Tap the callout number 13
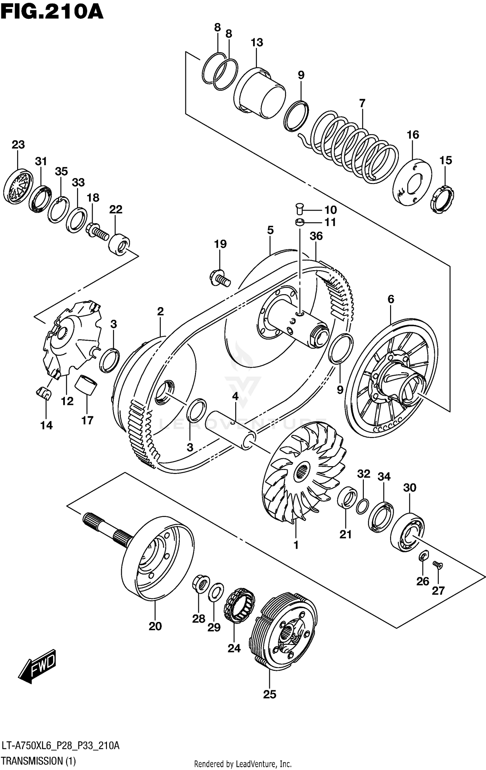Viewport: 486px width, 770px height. click(x=257, y=42)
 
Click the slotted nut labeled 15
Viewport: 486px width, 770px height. click(x=442, y=199)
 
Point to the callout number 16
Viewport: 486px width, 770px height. click(x=413, y=135)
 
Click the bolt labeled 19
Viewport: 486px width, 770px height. click(x=220, y=278)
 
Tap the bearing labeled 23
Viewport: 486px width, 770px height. click(x=18, y=186)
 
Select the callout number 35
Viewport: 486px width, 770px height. click(x=61, y=171)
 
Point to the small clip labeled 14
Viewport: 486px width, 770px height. click(x=43, y=394)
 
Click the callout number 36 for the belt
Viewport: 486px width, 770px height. click(x=316, y=236)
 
